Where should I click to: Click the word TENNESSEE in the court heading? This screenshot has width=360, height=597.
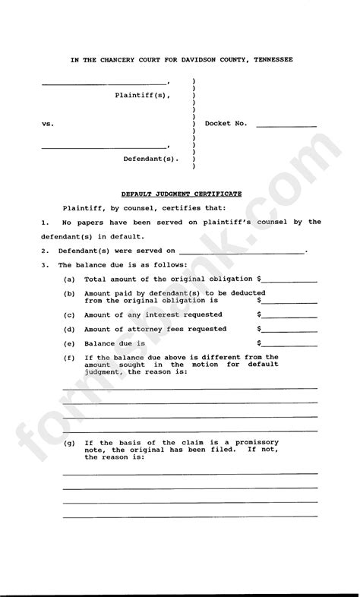click(266, 59)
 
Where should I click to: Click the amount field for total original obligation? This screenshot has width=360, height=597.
click(289, 280)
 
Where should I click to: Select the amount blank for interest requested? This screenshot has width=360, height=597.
click(289, 314)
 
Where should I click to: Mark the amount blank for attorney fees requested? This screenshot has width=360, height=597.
click(289, 330)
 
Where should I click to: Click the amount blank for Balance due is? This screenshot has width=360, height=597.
click(289, 344)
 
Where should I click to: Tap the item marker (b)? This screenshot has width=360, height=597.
click(69, 293)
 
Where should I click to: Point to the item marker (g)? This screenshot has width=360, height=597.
click(69, 442)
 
